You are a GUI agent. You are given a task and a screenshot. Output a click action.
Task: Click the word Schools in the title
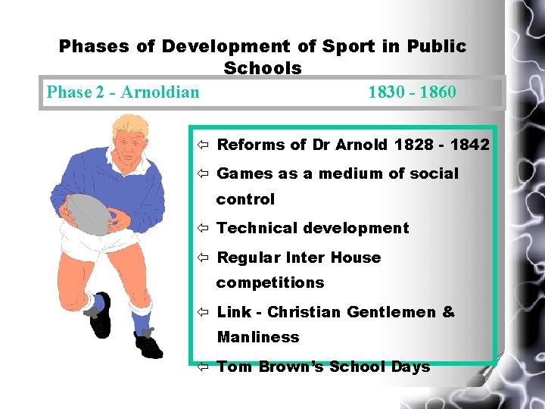[x=263, y=68]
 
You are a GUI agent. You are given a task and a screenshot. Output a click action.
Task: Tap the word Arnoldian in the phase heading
[x=160, y=92]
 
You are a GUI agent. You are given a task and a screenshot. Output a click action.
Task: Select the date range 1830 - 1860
[x=412, y=92]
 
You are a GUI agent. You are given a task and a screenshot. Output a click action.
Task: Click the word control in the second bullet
[x=245, y=199]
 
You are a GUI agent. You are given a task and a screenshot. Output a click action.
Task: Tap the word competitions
[x=270, y=283]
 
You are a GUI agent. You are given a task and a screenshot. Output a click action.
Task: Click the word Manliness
[x=258, y=337]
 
